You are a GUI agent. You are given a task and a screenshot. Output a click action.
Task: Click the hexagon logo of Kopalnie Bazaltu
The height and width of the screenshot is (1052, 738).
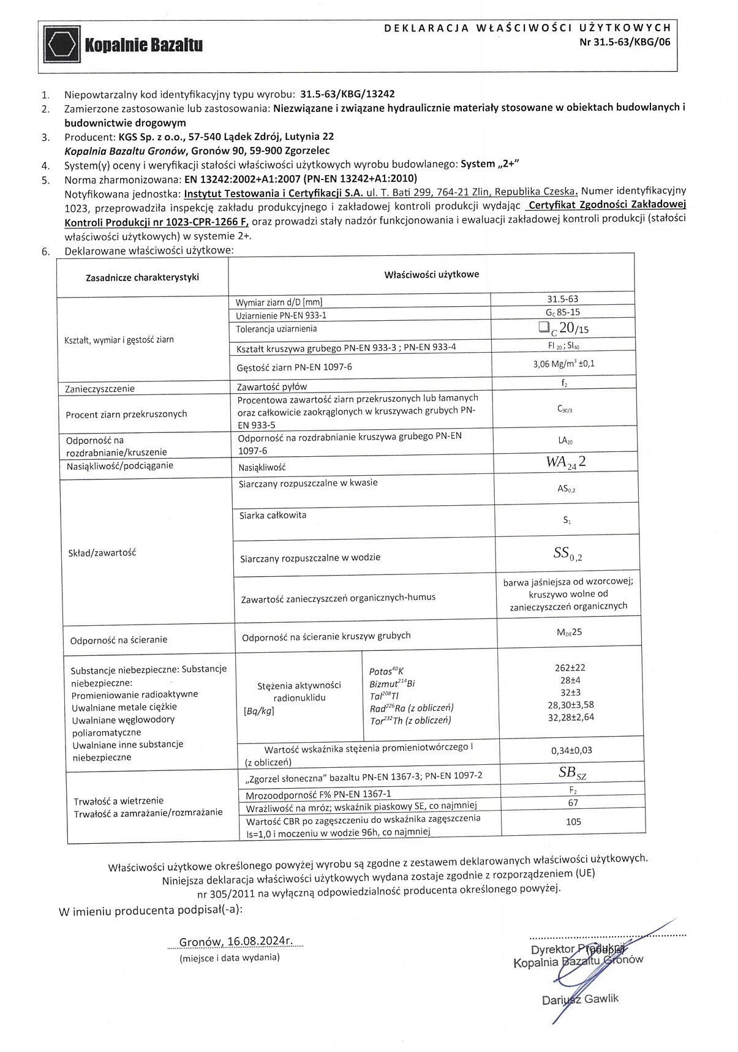pyautogui.click(x=62, y=45)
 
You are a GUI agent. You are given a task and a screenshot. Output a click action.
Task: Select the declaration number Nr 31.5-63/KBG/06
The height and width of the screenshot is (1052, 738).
pyautogui.click(x=625, y=43)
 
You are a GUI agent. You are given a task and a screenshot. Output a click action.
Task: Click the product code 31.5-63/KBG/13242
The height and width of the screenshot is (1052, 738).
pyautogui.click(x=347, y=94)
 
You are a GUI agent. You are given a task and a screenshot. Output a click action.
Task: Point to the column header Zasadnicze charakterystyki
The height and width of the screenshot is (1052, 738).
pyautogui.click(x=142, y=277)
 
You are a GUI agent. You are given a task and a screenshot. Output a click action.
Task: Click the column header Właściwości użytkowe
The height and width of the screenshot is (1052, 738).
pyautogui.click(x=431, y=274)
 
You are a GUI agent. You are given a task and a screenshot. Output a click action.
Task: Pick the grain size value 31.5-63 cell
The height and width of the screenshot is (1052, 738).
pyautogui.click(x=562, y=299)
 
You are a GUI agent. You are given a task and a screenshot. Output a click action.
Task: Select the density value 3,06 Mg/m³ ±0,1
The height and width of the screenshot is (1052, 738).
pyautogui.click(x=563, y=364)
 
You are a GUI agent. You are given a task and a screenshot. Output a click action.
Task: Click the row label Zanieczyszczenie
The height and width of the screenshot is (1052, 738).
pyautogui.click(x=100, y=389)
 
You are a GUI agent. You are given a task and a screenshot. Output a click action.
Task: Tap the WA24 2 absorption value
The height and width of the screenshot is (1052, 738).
pyautogui.click(x=566, y=462)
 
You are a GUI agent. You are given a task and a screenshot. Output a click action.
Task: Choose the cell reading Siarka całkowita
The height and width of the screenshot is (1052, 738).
pyautogui.click(x=273, y=516)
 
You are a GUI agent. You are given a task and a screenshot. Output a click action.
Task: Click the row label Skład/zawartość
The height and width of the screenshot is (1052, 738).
pyautogui.click(x=102, y=553)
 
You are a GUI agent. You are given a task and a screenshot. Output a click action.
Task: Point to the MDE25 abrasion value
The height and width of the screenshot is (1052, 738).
pyautogui.click(x=569, y=632)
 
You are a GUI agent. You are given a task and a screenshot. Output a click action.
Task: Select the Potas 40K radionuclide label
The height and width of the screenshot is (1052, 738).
pyautogui.click(x=386, y=671)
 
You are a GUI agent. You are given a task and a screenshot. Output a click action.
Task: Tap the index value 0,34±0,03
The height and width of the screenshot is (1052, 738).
pyautogui.click(x=571, y=750)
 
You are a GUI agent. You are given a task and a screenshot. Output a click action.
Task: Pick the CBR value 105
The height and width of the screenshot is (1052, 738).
pyautogui.click(x=573, y=822)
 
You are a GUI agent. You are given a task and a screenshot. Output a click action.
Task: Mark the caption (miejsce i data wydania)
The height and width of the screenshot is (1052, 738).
pyautogui.click(x=230, y=957)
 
